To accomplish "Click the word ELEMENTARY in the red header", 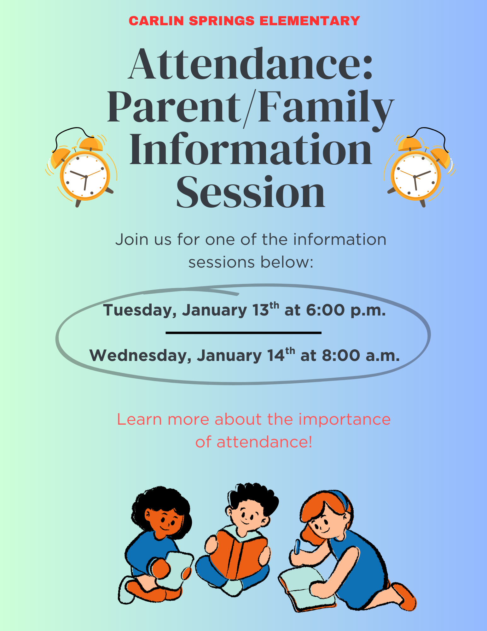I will pyautogui.click(x=310, y=21).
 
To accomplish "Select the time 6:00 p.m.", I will pyautogui.click(x=345, y=310).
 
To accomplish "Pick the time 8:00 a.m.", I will pyautogui.click(x=361, y=356).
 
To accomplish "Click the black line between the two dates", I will pyautogui.click(x=243, y=333).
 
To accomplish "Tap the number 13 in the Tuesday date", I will pyautogui.click(x=260, y=310).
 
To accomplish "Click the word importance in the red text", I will pyautogui.click(x=345, y=420).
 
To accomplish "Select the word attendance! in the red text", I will pyautogui.click(x=264, y=442).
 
